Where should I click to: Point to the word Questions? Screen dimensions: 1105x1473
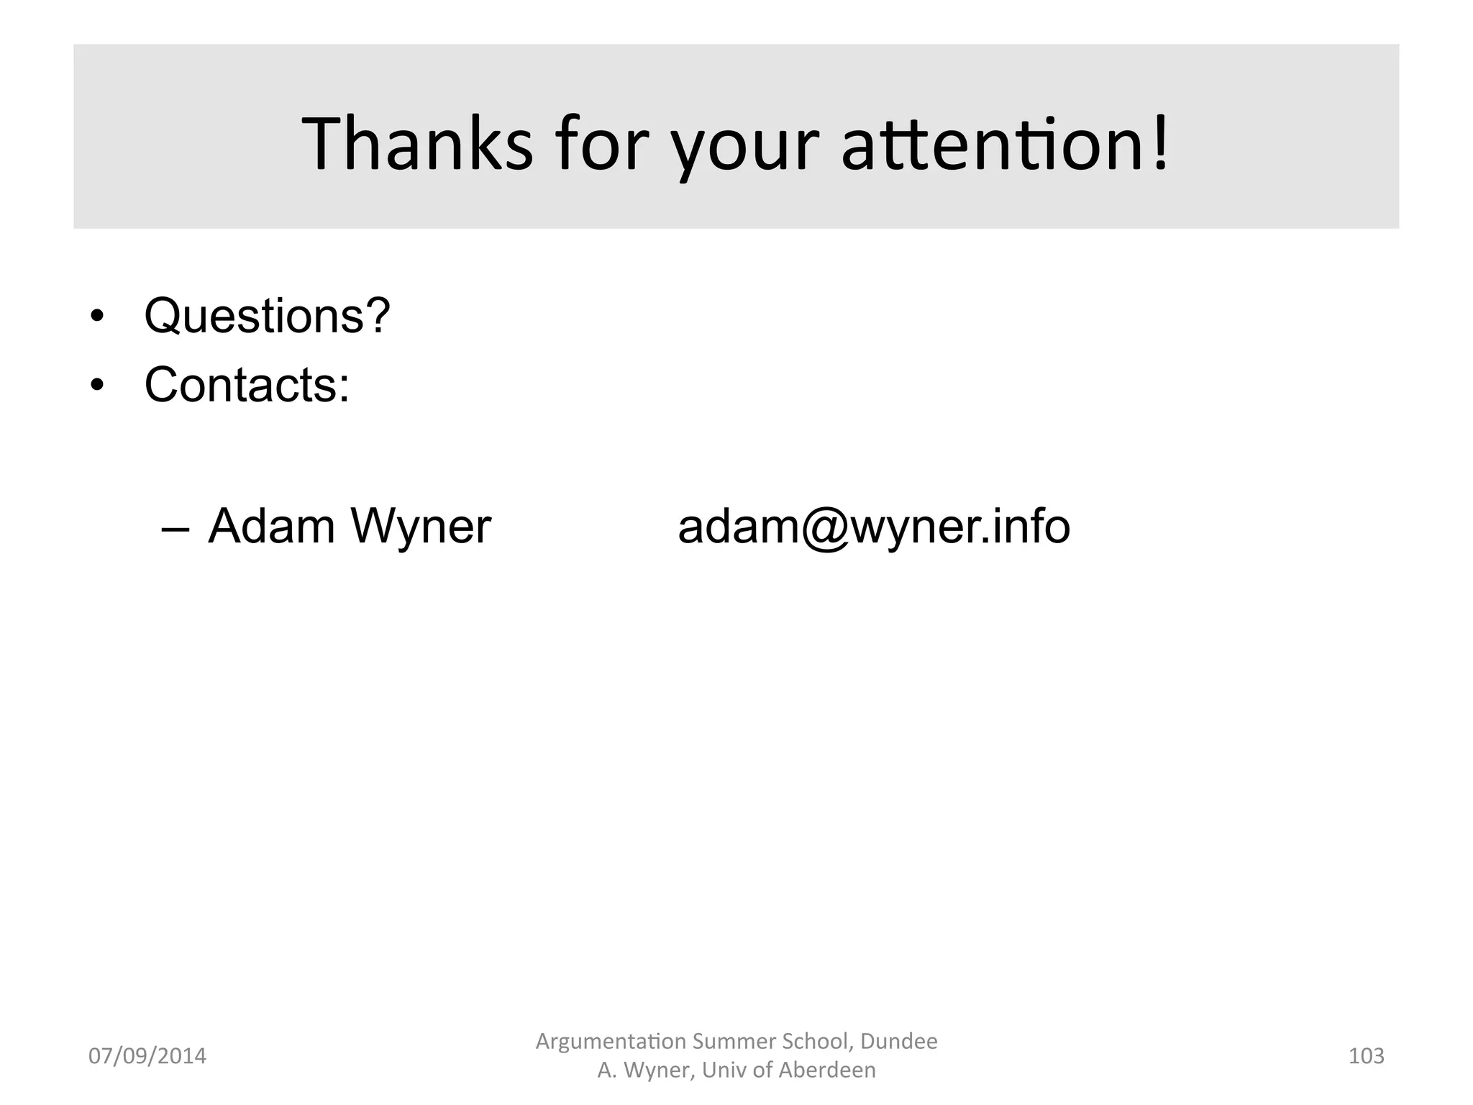click(267, 317)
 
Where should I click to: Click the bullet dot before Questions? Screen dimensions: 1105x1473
click(97, 317)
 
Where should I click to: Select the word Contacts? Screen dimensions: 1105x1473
click(247, 385)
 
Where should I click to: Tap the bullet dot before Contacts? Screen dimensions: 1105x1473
click(97, 386)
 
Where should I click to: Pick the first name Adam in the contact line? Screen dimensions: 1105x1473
click(272, 527)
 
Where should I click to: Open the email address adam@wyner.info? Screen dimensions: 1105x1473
click(874, 527)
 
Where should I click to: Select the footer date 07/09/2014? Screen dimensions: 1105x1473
click(147, 1056)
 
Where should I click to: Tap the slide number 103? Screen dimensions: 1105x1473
click(1366, 1056)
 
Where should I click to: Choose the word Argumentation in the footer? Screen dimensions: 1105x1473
click(611, 1042)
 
